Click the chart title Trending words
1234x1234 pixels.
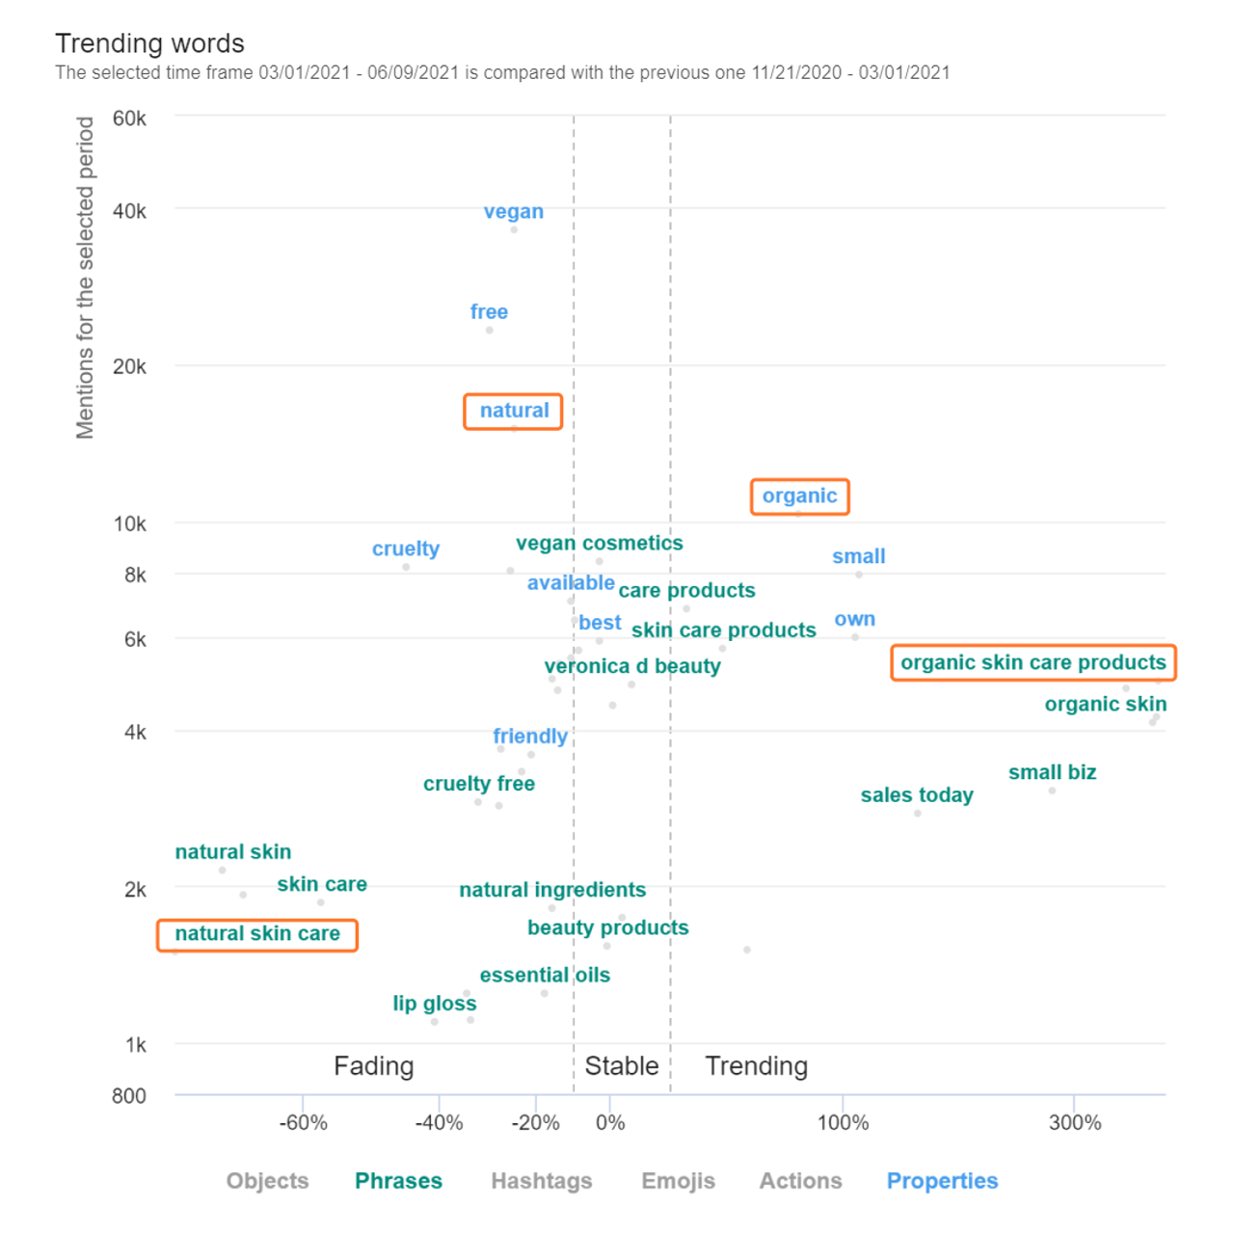click(x=149, y=43)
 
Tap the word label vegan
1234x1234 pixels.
click(x=513, y=212)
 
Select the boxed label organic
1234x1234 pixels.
click(x=799, y=496)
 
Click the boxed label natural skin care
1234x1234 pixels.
click(x=257, y=934)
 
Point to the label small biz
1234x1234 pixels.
click(x=1052, y=772)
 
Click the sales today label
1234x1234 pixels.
click(x=917, y=795)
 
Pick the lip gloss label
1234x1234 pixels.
click(x=434, y=1004)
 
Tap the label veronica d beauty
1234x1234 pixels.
click(x=632, y=666)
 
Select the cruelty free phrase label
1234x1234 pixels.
click(x=479, y=784)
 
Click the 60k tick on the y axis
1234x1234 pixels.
click(x=130, y=119)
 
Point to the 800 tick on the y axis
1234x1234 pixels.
click(x=129, y=1096)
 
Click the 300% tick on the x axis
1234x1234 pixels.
click(x=1074, y=1123)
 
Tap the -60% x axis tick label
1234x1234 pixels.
click(x=304, y=1123)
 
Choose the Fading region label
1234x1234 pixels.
click(x=373, y=1066)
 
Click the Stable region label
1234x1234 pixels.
click(x=622, y=1066)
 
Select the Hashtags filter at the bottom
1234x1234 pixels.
click(x=542, y=1181)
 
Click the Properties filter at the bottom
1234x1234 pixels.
click(x=942, y=1181)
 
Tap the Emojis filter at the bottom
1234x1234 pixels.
click(x=678, y=1181)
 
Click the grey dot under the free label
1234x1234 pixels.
click(x=490, y=331)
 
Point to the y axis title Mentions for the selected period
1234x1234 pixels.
click(x=86, y=278)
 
